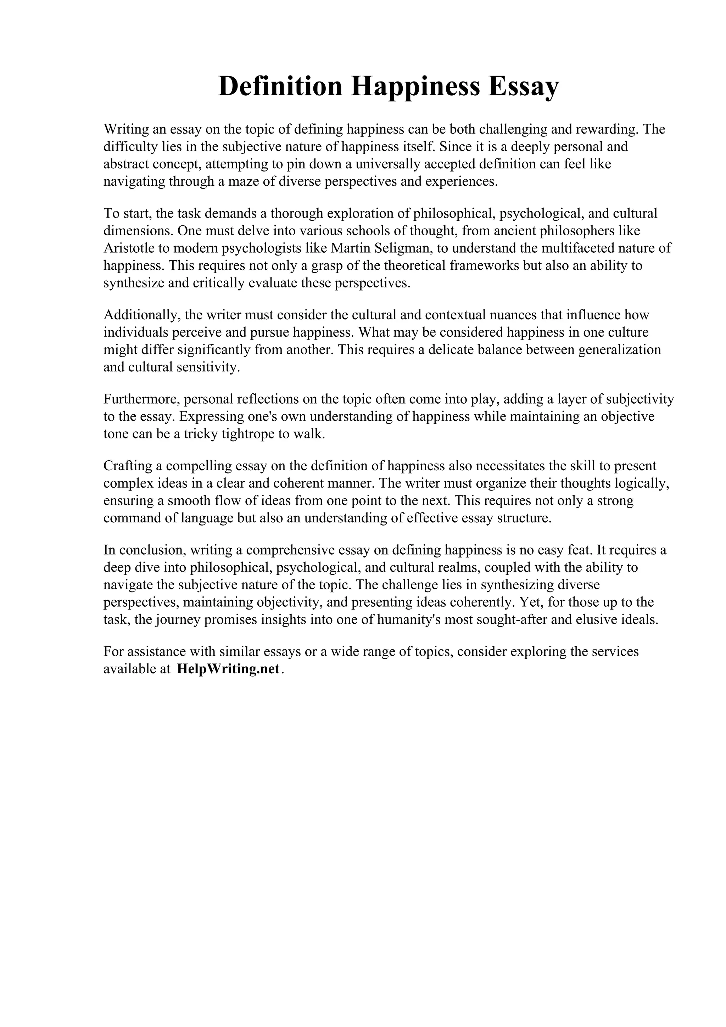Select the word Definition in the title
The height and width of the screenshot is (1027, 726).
(280, 86)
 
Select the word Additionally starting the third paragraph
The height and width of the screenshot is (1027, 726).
(142, 315)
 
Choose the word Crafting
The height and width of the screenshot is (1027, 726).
(128, 466)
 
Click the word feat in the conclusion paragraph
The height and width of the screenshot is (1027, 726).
(577, 550)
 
